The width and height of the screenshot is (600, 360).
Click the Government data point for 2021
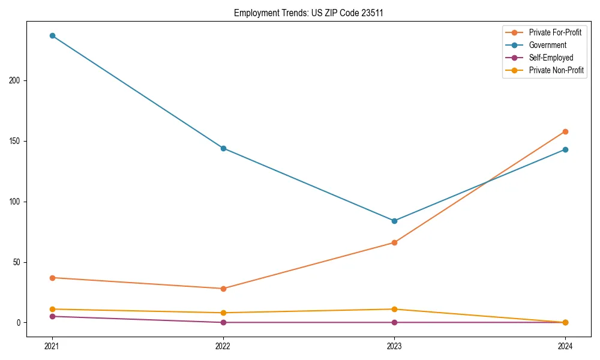click(x=52, y=35)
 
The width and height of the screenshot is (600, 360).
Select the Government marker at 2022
click(x=223, y=148)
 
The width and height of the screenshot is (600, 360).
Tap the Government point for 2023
click(x=394, y=221)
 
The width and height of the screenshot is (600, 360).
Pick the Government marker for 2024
click(x=565, y=149)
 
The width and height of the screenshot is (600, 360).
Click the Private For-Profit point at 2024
click(x=565, y=131)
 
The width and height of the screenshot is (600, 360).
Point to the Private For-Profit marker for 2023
click(x=394, y=242)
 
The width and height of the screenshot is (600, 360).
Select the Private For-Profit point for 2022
click(x=223, y=289)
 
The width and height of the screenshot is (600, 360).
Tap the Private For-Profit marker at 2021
click(x=52, y=278)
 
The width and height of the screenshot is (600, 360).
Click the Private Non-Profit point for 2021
click(x=52, y=309)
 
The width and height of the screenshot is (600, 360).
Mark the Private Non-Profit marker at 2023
click(x=394, y=309)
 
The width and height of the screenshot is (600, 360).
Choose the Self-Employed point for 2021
click(x=52, y=316)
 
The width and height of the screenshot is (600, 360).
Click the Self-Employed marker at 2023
click(x=394, y=322)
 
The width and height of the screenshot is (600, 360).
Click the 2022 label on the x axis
click(x=223, y=346)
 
